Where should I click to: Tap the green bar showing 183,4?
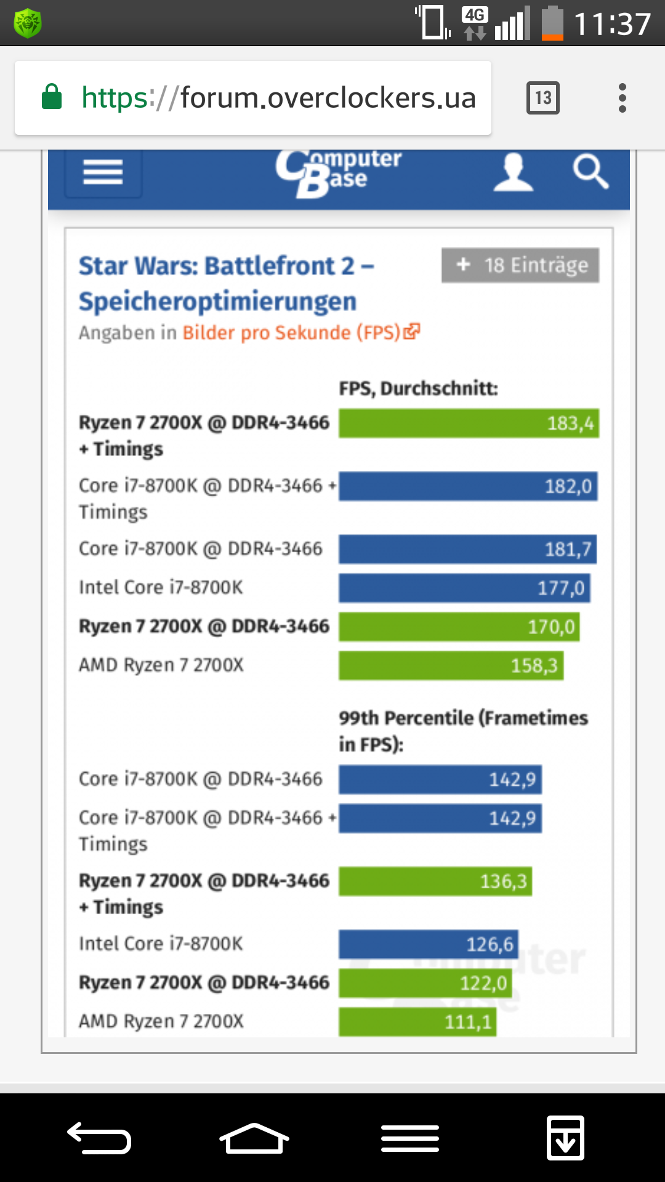[x=469, y=424]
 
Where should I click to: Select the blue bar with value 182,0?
[x=468, y=486]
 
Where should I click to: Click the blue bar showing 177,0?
[x=464, y=588]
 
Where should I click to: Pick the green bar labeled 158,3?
[x=451, y=665]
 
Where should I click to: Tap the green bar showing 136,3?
[x=435, y=881]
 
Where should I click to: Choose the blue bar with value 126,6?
[x=428, y=944]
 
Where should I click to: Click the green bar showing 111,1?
[x=417, y=1022]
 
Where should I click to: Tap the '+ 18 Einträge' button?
[x=520, y=265]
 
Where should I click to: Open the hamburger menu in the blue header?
[x=103, y=172]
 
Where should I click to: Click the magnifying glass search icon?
[x=590, y=172]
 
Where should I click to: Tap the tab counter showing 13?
[x=542, y=98]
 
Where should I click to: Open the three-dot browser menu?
[x=623, y=98]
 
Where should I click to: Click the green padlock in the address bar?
[x=52, y=97]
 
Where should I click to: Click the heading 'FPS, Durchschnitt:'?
[x=418, y=388]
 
